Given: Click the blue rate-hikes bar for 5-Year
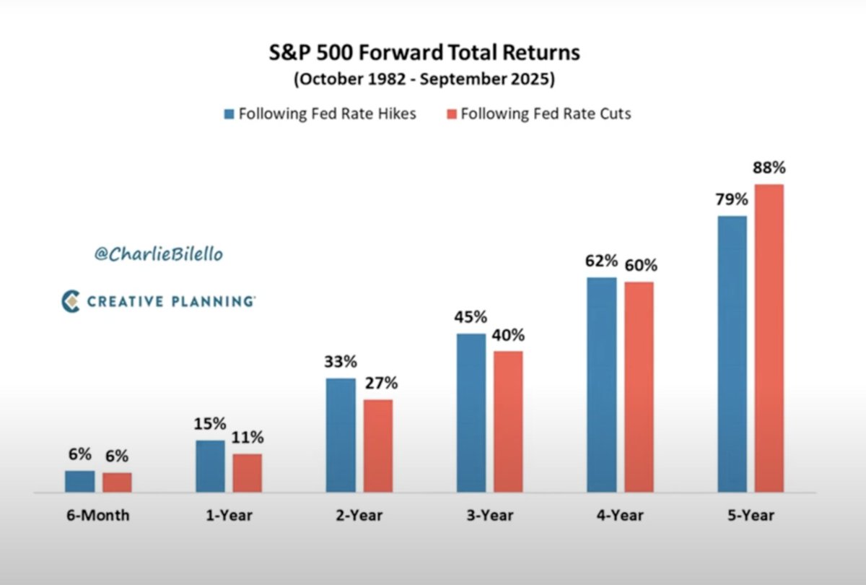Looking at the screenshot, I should click(732, 354).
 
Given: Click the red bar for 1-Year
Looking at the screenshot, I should click(248, 473).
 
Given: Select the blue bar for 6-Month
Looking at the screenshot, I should click(79, 481).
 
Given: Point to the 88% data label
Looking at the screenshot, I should click(769, 168).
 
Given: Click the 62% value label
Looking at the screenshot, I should click(601, 261).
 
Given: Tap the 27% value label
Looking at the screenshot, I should click(380, 383).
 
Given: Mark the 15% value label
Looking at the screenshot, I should click(210, 423).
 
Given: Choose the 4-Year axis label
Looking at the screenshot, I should click(620, 516).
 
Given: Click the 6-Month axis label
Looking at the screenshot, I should click(98, 516).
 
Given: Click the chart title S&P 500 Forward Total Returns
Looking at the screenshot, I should click(424, 53).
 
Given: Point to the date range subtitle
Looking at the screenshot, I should click(424, 79).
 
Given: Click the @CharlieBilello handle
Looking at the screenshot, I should click(158, 254).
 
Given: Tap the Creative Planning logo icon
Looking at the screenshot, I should click(70, 301).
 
